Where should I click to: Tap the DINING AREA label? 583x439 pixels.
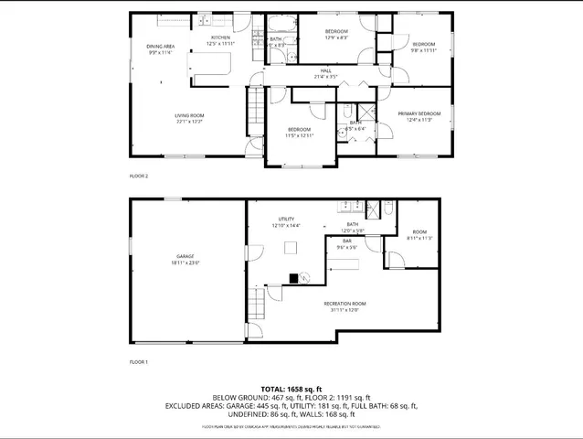(x=161, y=46)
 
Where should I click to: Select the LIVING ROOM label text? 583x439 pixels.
(x=188, y=114)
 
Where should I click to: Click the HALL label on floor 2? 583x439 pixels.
(x=326, y=70)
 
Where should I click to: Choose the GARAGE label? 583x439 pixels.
(x=187, y=256)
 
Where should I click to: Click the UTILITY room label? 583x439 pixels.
(x=286, y=219)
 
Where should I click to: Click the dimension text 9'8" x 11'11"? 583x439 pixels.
(x=423, y=50)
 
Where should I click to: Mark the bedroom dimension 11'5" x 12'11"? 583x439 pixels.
(x=300, y=135)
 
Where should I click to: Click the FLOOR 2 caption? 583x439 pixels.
(x=138, y=176)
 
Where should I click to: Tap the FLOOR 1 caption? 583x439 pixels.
(x=138, y=362)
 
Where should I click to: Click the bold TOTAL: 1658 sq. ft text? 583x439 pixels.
(x=291, y=389)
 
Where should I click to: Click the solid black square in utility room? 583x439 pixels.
(x=294, y=277)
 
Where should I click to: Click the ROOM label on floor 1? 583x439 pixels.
(x=419, y=232)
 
